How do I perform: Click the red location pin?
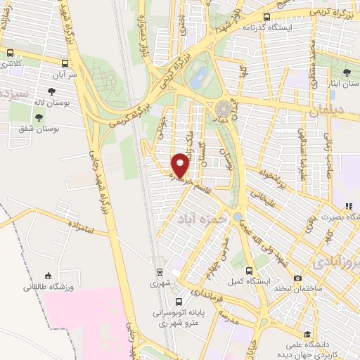pos(180,165)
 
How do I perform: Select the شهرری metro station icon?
pos(160,272)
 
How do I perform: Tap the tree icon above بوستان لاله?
pos(52,91)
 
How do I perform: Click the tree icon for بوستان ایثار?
pos(346,72)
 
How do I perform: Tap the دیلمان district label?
pos(324,110)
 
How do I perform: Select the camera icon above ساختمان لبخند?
pos(297,278)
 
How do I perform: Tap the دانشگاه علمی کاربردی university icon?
pos(307,335)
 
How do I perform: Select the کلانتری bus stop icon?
pos(11,53)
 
